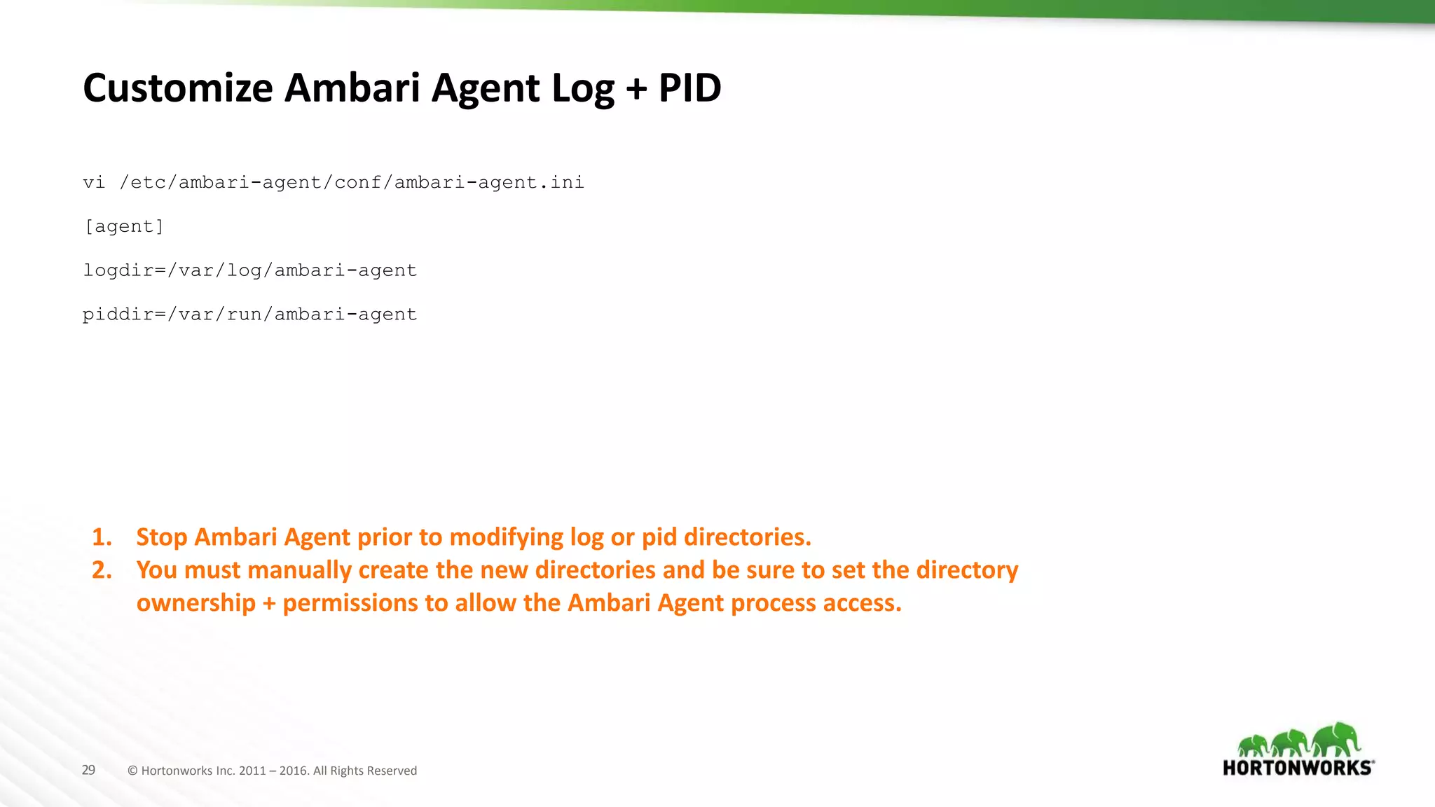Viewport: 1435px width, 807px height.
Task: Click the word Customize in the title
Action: (x=178, y=88)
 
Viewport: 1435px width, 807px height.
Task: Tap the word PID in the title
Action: (x=689, y=88)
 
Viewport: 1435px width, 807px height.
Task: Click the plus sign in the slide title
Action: (x=636, y=90)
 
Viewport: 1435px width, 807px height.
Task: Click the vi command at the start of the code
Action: (x=94, y=183)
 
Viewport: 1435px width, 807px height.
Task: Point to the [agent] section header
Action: (x=123, y=227)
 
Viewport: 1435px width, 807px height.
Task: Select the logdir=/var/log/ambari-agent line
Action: (x=249, y=271)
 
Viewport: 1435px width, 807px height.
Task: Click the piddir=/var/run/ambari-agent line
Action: (x=249, y=315)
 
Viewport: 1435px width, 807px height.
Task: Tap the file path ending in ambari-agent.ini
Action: (x=352, y=183)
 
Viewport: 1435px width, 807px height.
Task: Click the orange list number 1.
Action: (x=102, y=537)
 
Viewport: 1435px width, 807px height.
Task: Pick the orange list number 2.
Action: (x=102, y=570)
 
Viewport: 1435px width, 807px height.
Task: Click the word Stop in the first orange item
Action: (x=162, y=537)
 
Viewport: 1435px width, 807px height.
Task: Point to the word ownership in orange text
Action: (x=196, y=603)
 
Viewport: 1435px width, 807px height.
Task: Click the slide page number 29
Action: (x=88, y=771)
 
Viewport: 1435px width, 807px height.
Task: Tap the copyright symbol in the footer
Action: (x=132, y=771)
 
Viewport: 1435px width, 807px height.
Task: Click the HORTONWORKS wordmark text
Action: (x=1298, y=768)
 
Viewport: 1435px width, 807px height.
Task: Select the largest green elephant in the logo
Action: (x=1337, y=739)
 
